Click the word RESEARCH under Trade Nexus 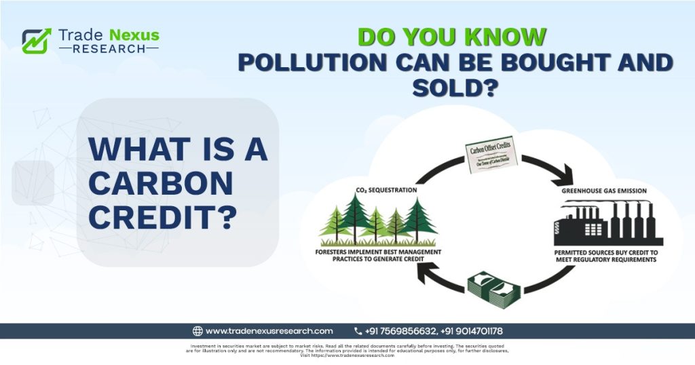pyautogui.click(x=108, y=49)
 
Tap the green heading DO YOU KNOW pyautogui.click(x=451, y=37)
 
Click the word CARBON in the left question pyautogui.click(x=161, y=184)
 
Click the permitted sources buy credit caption pyautogui.click(x=606, y=256)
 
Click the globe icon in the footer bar pyautogui.click(x=198, y=331)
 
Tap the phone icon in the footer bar pyautogui.click(x=358, y=331)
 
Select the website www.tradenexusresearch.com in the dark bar pyautogui.click(x=269, y=331)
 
